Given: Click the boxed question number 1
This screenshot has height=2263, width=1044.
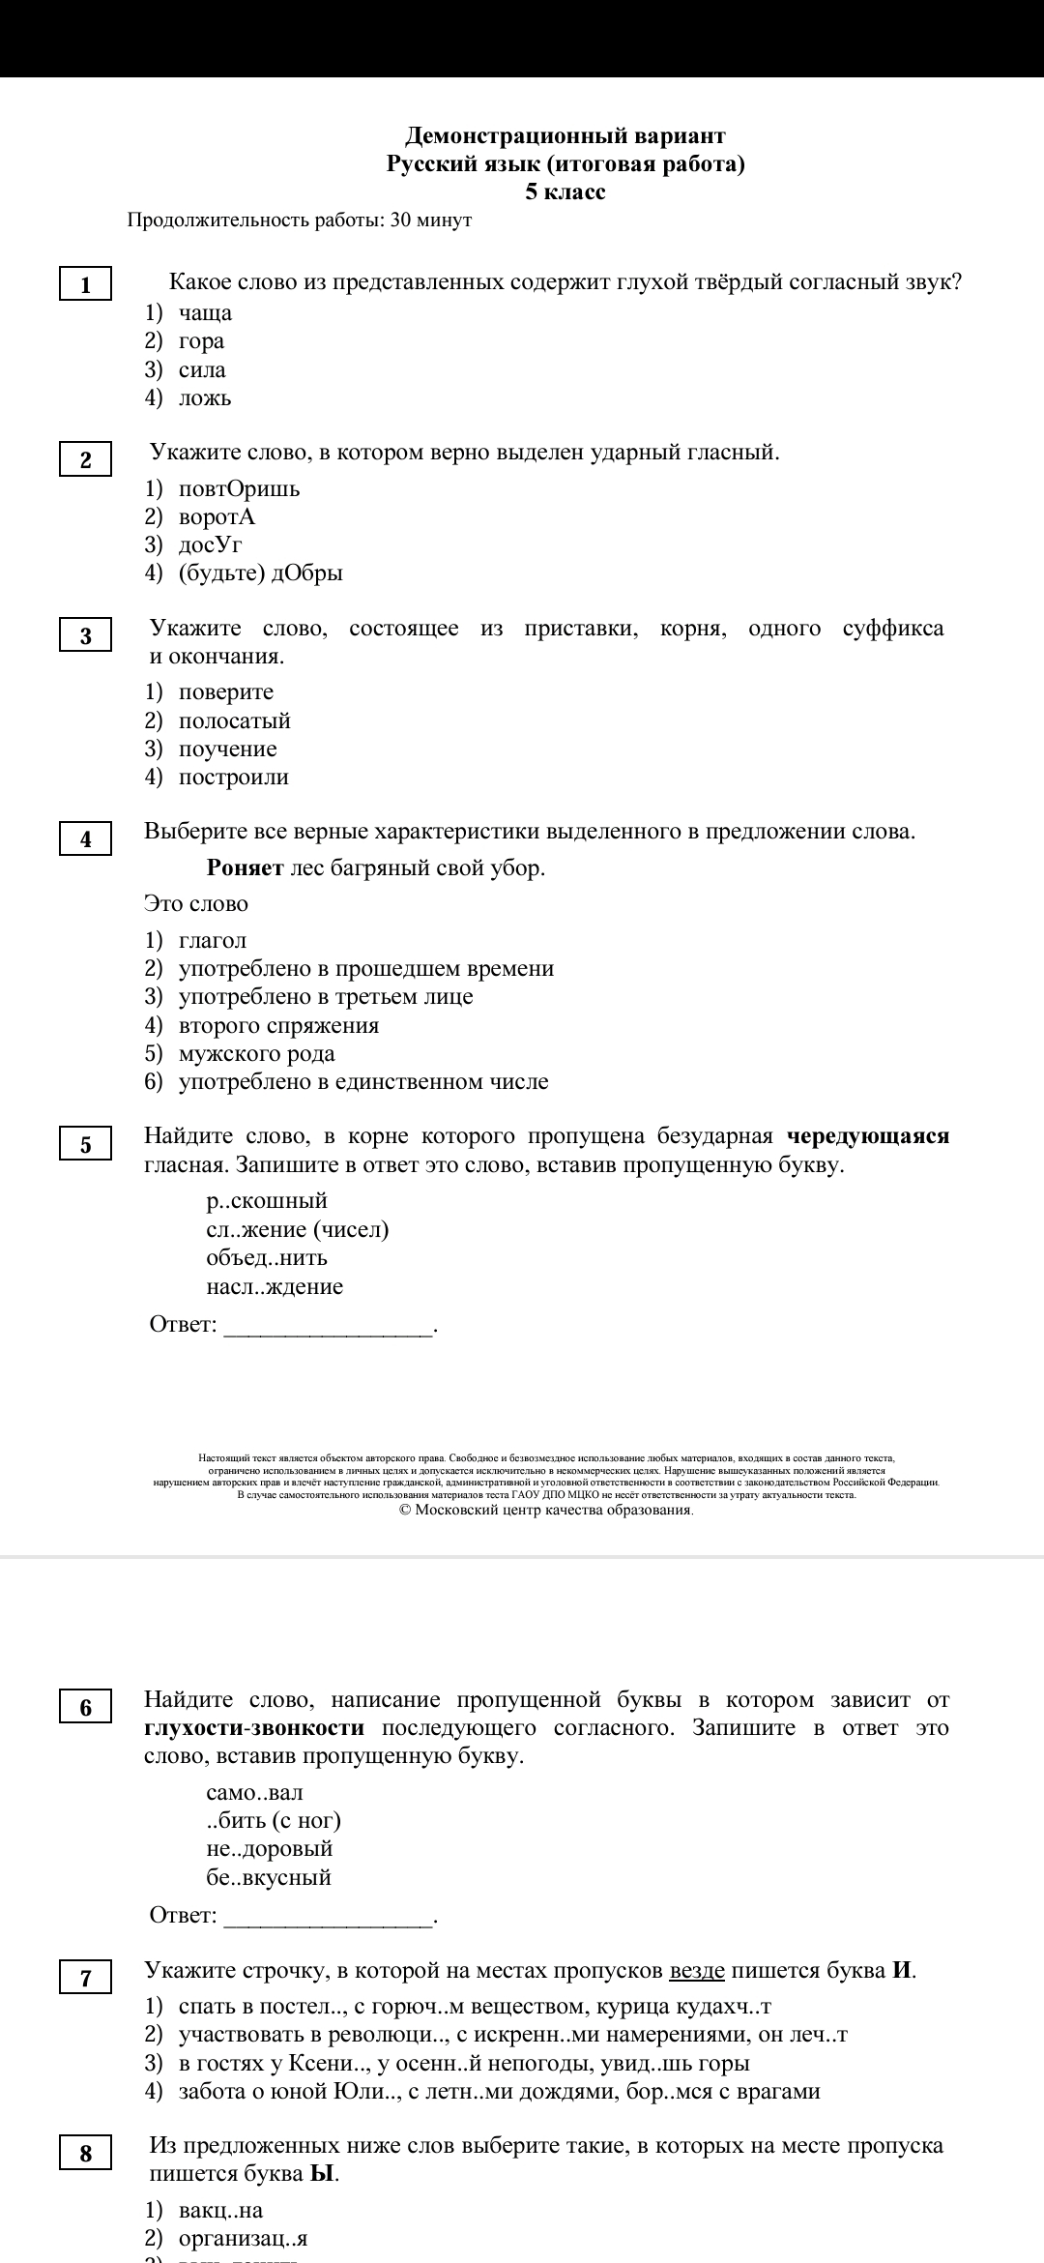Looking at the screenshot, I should coord(85,284).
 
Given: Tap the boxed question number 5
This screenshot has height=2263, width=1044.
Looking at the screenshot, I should coord(85,1145).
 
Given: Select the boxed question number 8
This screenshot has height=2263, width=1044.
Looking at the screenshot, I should coord(85,2154).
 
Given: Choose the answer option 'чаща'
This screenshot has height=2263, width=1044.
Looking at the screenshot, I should coord(205,312).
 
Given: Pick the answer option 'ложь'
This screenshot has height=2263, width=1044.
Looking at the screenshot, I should coord(205,397).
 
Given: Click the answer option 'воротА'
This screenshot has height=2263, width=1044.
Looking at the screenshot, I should coord(217,516).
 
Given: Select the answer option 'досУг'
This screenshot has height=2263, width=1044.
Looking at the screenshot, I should coord(210,544).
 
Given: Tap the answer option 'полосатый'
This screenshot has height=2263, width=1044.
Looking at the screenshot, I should coord(234,720).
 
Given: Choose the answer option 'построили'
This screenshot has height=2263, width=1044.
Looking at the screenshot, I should coord(233,777).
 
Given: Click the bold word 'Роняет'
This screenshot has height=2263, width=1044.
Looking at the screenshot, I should coord(245,867).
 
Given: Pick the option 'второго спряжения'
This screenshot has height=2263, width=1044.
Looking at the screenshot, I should coord(278,1025).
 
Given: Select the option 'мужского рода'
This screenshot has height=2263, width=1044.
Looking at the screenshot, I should coord(256,1053).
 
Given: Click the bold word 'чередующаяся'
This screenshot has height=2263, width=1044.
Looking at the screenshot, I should coord(868,1135).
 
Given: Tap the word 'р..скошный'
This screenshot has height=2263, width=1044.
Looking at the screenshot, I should coord(267,1201).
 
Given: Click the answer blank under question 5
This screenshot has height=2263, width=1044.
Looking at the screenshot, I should coord(329,1325).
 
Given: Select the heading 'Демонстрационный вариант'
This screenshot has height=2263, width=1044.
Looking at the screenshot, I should coord(565,135).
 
